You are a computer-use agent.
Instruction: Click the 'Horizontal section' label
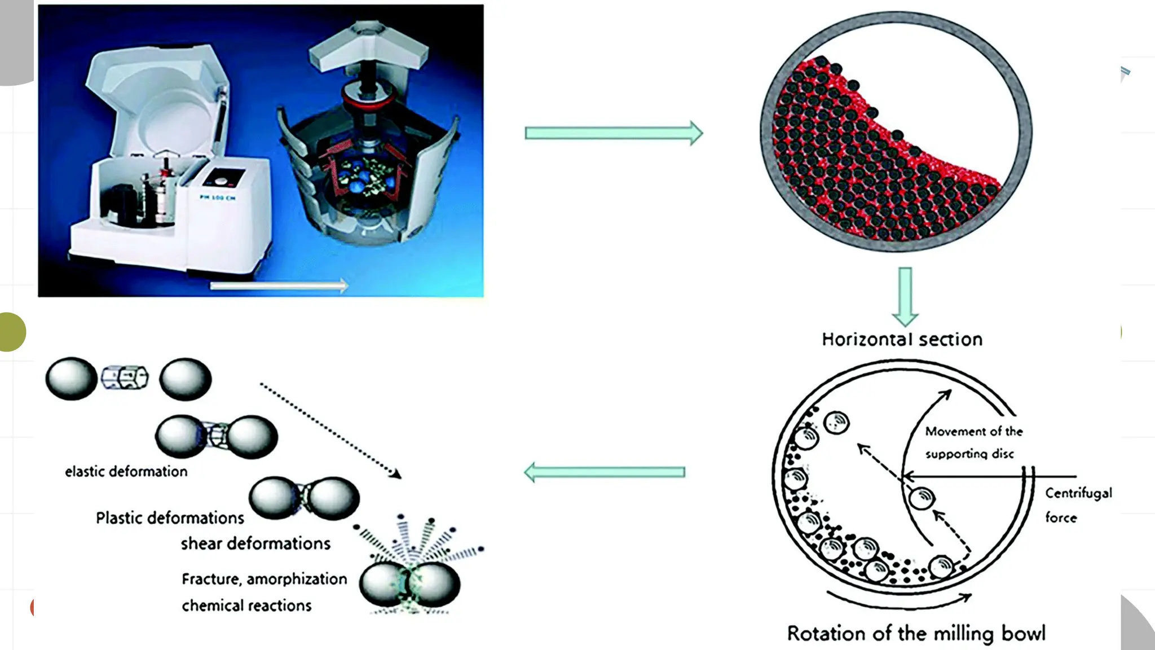[x=902, y=340]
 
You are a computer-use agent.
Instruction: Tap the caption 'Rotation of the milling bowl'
[x=916, y=633]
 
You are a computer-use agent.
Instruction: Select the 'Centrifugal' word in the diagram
[x=1078, y=493]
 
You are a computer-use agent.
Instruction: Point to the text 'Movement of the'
[x=974, y=432]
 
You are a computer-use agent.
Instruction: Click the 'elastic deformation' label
[x=126, y=472]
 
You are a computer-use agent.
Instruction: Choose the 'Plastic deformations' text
[x=170, y=518]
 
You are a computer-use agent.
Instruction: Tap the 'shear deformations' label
[x=255, y=543]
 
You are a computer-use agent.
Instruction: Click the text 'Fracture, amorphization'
[x=264, y=579]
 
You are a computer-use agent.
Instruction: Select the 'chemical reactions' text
[x=246, y=605]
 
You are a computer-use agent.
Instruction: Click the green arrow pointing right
[x=614, y=133]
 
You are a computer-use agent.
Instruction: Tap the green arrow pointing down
[x=905, y=296]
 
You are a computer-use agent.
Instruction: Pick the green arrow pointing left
[x=605, y=472]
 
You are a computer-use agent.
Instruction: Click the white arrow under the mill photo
[x=279, y=286]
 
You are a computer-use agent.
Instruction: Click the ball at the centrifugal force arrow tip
[x=922, y=498]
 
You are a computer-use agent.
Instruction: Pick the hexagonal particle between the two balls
[x=125, y=377]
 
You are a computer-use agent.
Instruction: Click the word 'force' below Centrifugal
[x=1061, y=517]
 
